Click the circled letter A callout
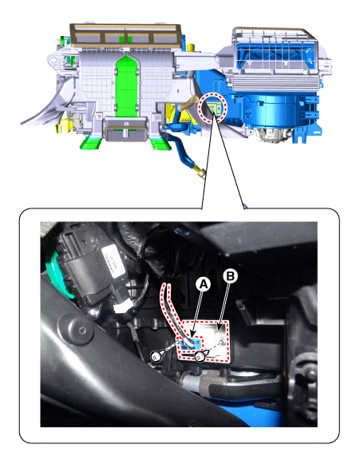coord(204,284)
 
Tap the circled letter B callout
coord(231,276)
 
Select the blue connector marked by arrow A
coord(189,343)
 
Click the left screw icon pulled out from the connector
coord(156,356)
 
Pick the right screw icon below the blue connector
coord(200,356)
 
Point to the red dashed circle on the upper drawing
coord(213,107)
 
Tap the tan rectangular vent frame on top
coord(125,35)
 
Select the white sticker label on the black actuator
coord(113,262)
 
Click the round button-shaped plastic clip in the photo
coord(76,329)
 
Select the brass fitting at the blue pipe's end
coord(201,174)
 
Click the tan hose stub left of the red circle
coord(188,103)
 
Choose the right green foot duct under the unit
coord(160,144)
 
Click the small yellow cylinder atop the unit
coord(192,48)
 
